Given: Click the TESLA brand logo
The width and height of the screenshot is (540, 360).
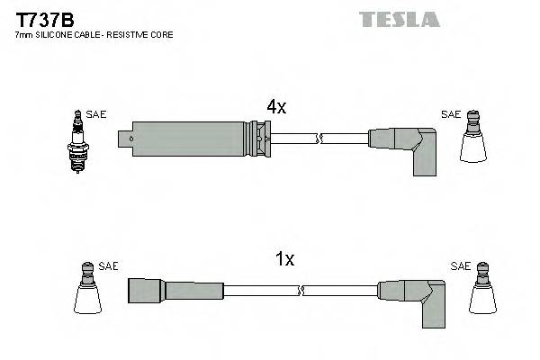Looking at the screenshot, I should coord(399,19).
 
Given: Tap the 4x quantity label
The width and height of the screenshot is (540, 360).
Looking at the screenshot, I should coord(275,107).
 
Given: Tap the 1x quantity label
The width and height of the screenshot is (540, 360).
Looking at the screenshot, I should coord(283,260).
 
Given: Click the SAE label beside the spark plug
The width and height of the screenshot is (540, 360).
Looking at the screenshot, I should coord(96,114).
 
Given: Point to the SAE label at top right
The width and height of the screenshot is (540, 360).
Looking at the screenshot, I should coord(450,114).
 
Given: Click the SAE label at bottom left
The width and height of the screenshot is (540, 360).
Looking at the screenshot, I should coord(107,266).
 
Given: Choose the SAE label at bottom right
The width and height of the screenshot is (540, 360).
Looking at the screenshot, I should coord(461,266).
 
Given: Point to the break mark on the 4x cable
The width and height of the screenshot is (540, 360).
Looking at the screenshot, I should coord(320,138).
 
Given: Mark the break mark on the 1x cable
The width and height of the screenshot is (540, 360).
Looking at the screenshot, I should coord(302,290).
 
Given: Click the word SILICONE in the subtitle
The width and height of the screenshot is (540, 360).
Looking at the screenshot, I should coord(58,34).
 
